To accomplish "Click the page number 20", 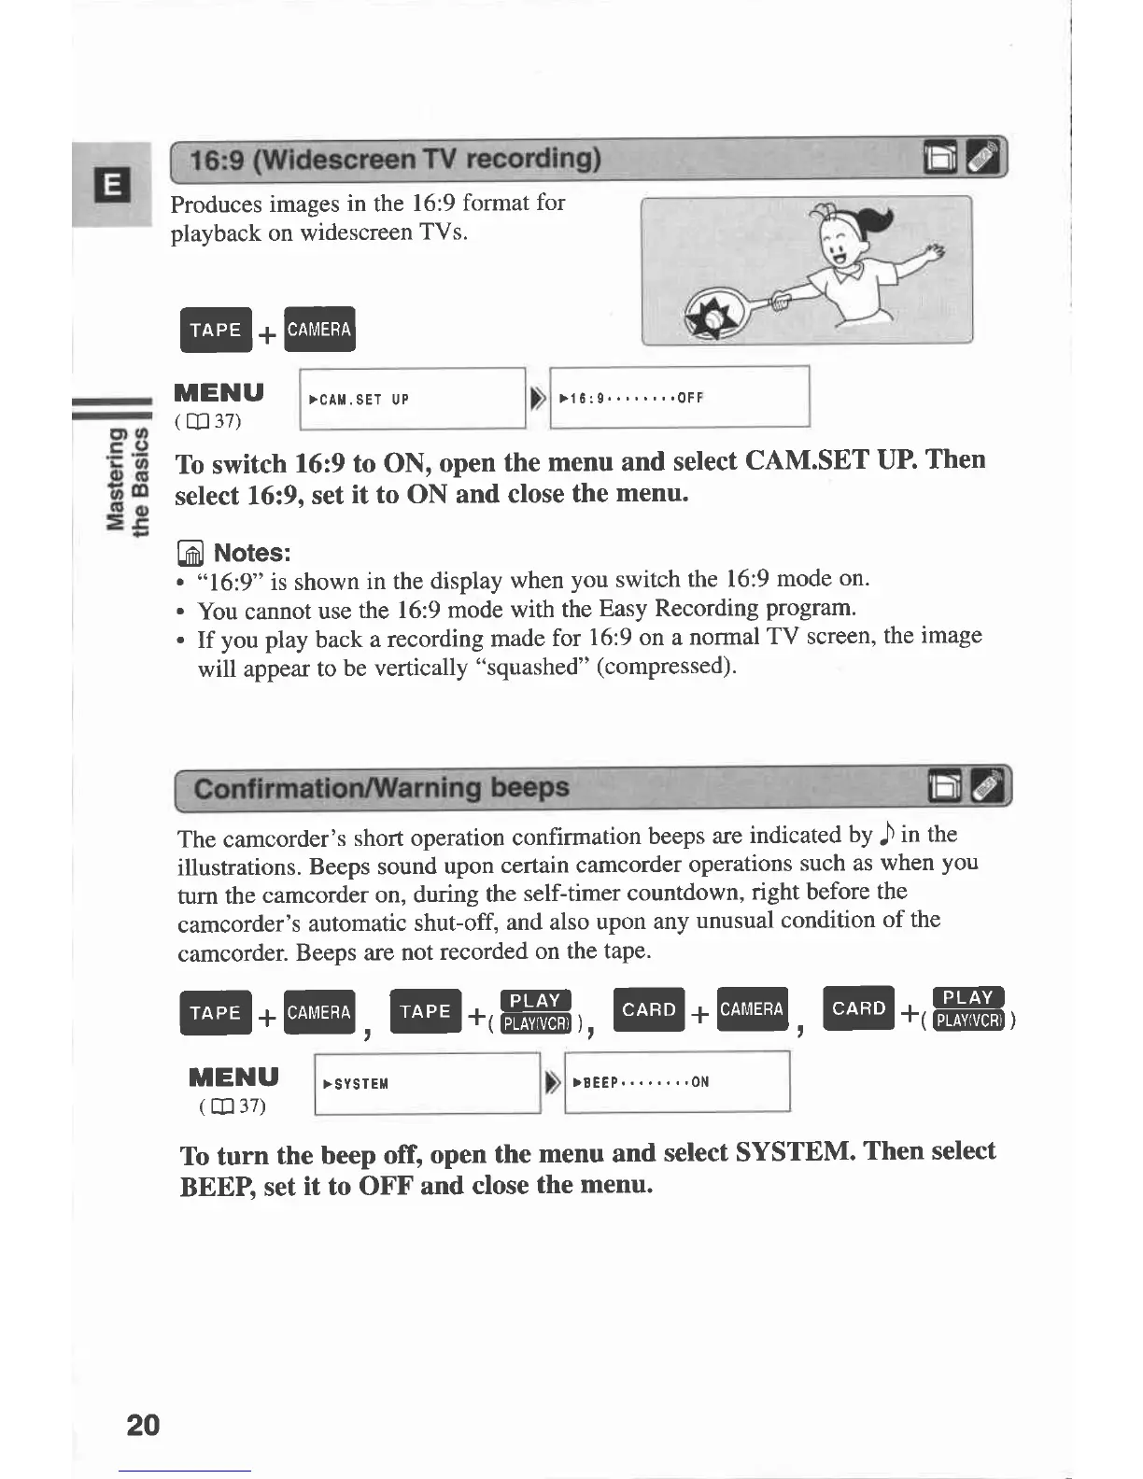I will tap(143, 1424).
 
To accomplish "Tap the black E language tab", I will tap(111, 186).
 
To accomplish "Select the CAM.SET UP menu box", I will tap(413, 399).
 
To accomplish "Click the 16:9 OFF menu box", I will tap(679, 398).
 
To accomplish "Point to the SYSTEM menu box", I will tap(428, 1083).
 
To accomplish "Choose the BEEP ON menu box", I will tap(677, 1082).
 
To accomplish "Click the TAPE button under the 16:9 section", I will tap(216, 330).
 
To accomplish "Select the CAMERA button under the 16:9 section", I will tap(319, 330).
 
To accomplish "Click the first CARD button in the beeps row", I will tap(648, 1009).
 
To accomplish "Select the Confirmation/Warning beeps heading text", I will tap(381, 788).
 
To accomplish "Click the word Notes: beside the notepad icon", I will tap(252, 553).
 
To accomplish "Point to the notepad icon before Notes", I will tap(190, 554).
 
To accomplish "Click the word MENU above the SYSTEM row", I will tap(233, 1077).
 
